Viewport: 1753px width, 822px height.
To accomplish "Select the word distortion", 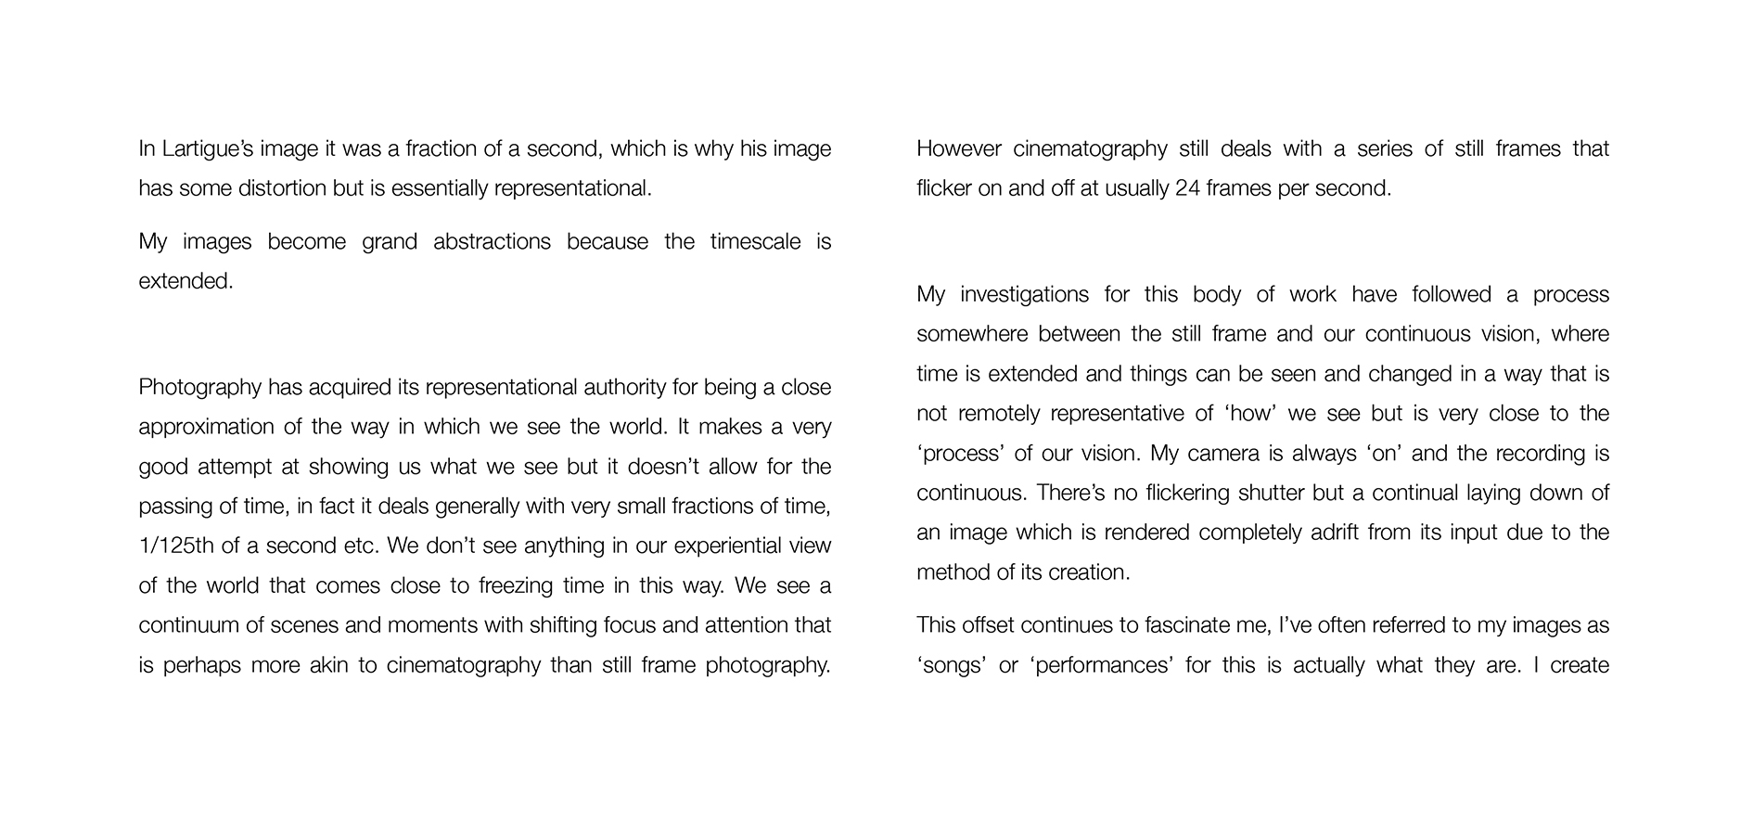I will point(282,188).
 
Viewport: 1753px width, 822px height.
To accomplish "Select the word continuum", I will point(187,625).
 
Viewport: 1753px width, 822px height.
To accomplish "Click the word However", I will point(955,149).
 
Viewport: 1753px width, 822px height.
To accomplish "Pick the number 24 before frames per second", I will point(1187,188).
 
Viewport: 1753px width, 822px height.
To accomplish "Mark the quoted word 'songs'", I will point(950,665).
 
